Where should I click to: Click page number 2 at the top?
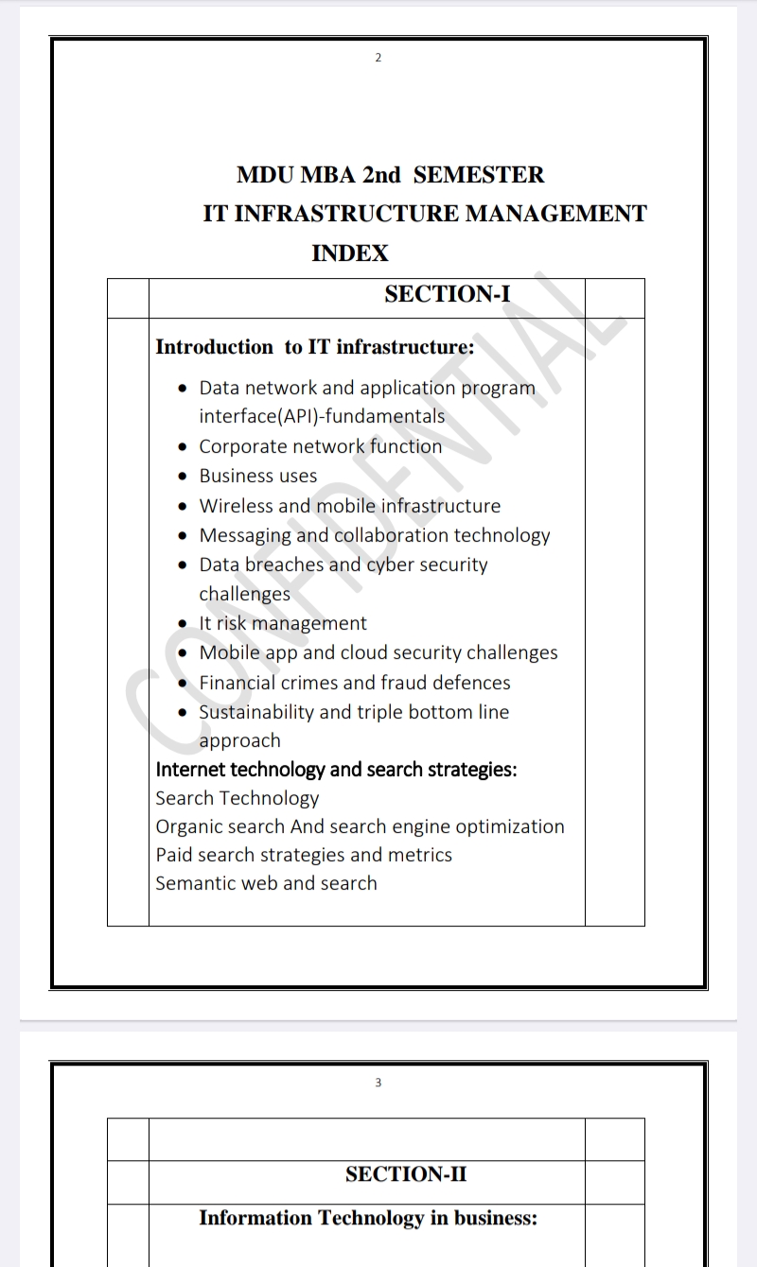click(x=378, y=58)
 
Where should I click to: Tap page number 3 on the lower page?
click(x=378, y=1083)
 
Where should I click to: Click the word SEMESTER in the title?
click(x=479, y=175)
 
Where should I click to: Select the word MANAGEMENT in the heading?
click(x=556, y=214)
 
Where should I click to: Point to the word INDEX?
click(x=350, y=252)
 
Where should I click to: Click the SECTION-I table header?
click(x=447, y=294)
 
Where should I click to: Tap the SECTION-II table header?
click(x=406, y=1174)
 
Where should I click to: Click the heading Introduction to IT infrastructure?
click(x=314, y=347)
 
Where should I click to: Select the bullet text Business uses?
click(x=258, y=476)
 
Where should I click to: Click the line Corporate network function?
click(x=321, y=446)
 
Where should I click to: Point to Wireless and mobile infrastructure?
click(x=350, y=506)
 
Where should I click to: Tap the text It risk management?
click(x=283, y=623)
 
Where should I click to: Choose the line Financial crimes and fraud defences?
click(x=355, y=682)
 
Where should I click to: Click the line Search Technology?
click(x=238, y=798)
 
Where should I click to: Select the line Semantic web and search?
click(x=266, y=883)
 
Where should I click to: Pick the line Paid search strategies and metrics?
click(x=304, y=855)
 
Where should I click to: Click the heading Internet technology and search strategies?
click(x=336, y=770)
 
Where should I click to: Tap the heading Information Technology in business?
click(x=368, y=1218)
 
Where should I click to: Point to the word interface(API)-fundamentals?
click(x=322, y=416)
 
